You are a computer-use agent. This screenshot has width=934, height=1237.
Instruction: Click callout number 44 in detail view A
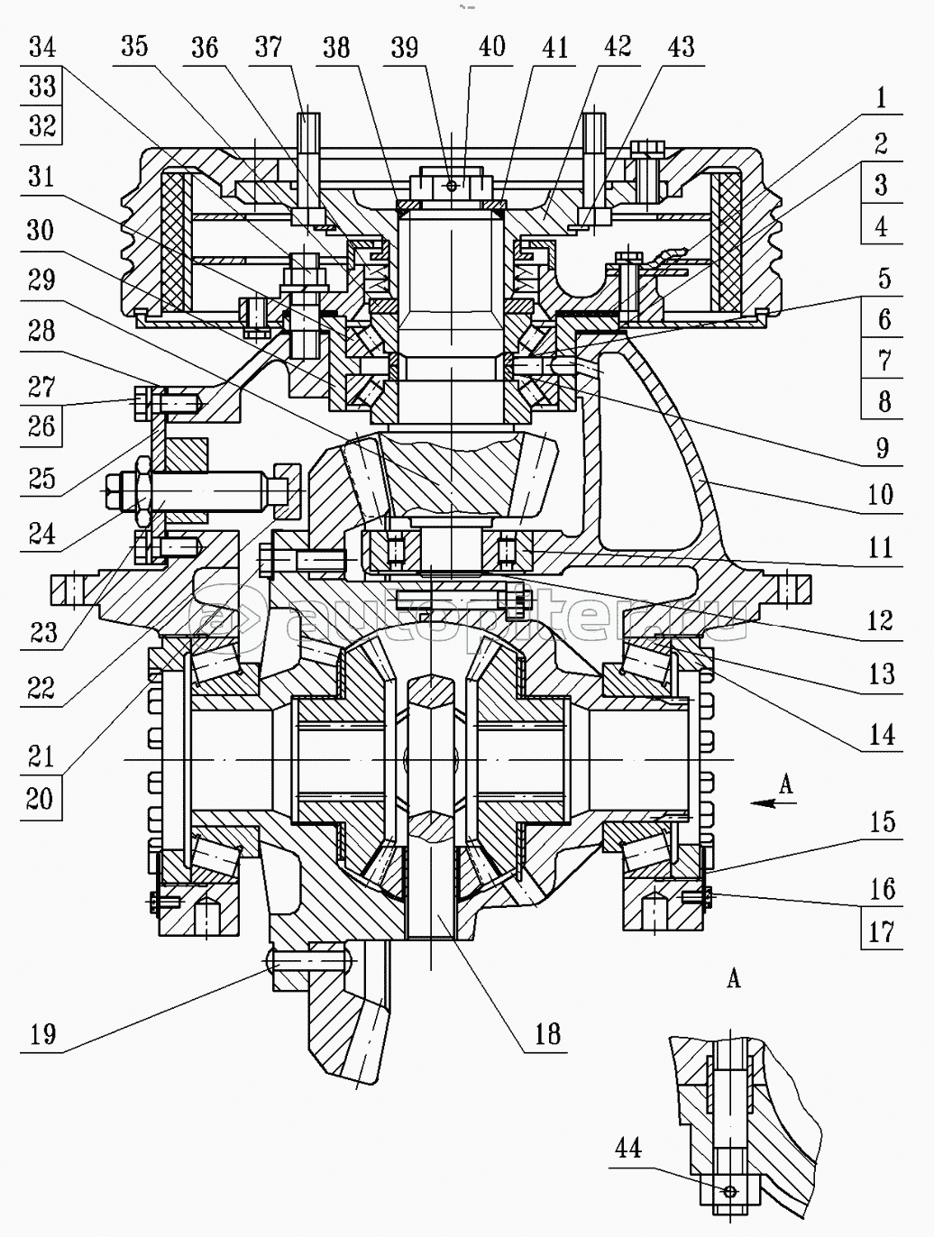(628, 1148)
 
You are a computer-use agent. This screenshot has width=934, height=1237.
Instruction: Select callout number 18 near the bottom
(547, 1033)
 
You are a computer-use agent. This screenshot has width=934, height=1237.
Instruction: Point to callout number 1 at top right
(883, 97)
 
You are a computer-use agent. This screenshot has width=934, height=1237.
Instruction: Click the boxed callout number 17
(882, 931)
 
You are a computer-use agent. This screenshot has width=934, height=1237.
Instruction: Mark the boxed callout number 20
(40, 798)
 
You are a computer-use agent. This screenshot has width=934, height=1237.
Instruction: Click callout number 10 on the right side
(881, 494)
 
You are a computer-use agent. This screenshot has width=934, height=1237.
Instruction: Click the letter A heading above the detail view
(734, 977)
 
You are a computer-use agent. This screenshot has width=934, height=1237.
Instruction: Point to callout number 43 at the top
(682, 46)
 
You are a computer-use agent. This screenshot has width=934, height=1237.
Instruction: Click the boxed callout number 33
(41, 86)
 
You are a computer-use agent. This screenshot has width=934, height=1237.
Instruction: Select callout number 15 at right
(883, 822)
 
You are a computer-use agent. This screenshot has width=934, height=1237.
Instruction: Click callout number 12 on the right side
(881, 620)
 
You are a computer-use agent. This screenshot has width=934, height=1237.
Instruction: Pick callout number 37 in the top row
(268, 46)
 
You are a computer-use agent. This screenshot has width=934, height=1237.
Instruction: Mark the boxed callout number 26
(41, 426)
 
